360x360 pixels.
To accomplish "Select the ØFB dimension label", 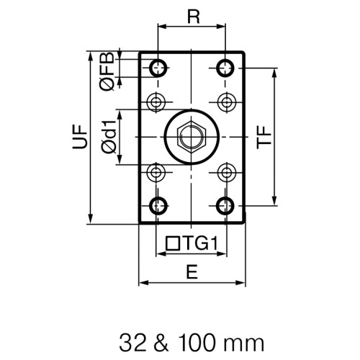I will coord(107,72).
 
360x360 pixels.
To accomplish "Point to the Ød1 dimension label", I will coord(107,137).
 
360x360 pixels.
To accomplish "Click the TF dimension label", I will coord(264,137).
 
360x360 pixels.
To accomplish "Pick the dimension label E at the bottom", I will coord(191,271).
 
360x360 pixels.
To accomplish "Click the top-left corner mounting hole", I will coord(157,68).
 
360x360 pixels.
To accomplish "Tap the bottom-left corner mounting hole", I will coord(157,205).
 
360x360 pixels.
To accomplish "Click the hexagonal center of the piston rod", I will coord(191,136).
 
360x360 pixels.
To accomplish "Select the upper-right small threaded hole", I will coord(226,100).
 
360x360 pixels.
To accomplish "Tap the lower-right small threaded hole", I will coord(226,172).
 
